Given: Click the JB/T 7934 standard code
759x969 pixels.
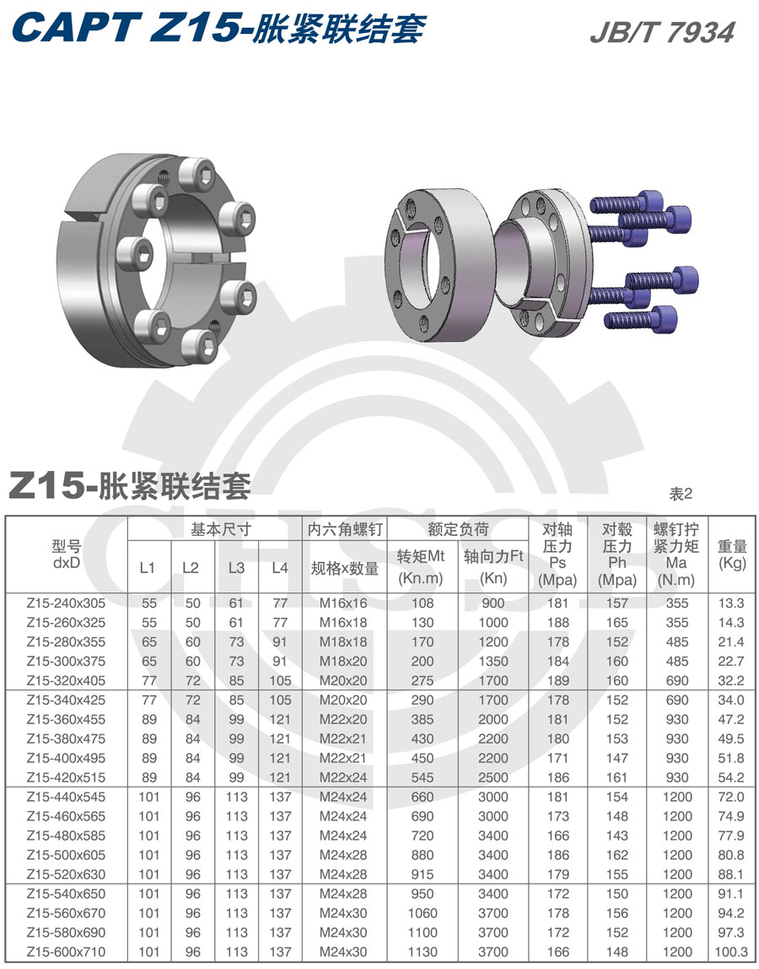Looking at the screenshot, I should pos(662,32).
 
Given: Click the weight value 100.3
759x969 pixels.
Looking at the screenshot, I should pos(730,952).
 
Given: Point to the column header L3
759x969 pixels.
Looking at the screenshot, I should pos(236,568).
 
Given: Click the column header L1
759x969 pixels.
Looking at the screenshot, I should pos(148,568).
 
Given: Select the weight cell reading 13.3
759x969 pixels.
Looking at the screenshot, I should pos(730,603).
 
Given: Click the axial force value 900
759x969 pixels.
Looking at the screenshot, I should pos(493,603).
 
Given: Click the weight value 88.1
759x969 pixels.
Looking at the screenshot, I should pos(730,874).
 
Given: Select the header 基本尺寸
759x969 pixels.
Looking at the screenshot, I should pos(213,530).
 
